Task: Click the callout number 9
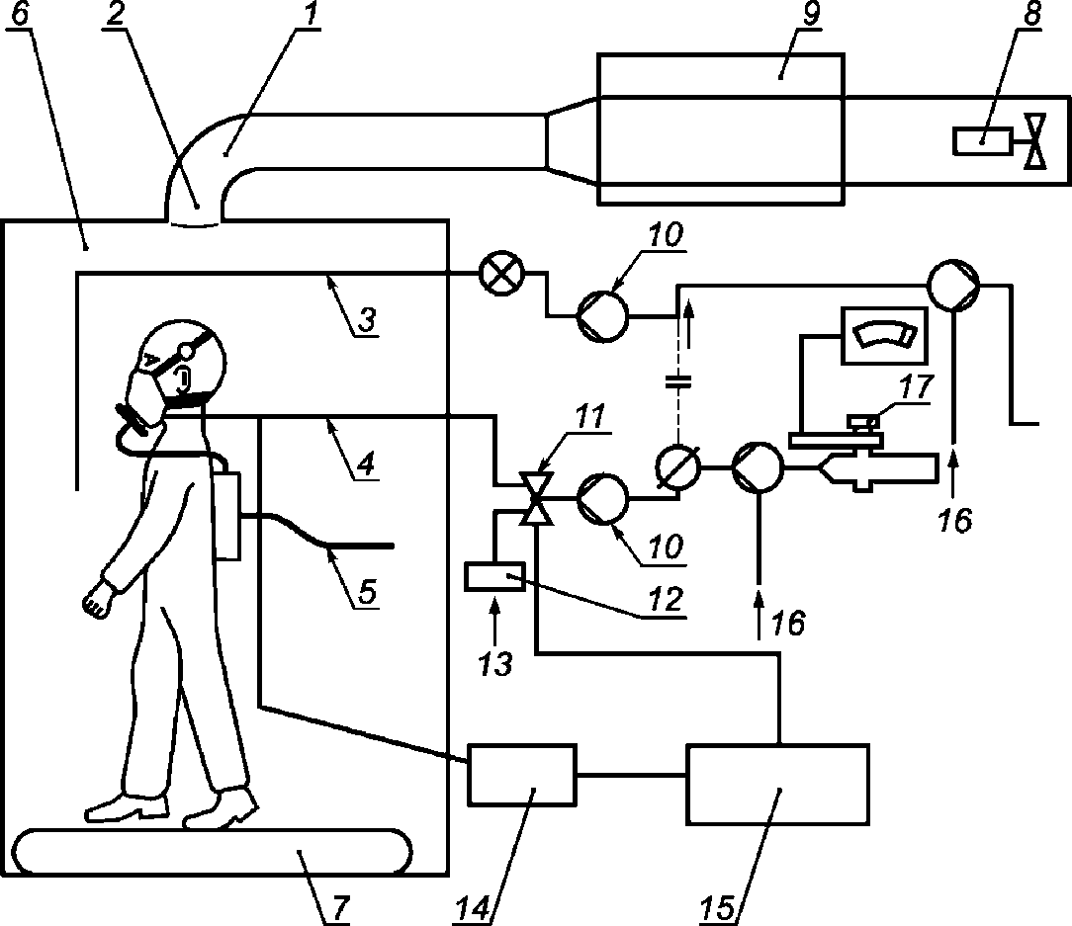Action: (x=811, y=14)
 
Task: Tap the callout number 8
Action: (x=1031, y=14)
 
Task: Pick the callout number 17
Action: (x=917, y=386)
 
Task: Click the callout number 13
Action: (x=495, y=663)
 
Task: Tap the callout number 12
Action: (x=666, y=599)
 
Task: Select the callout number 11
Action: (x=590, y=417)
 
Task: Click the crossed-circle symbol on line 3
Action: (x=502, y=274)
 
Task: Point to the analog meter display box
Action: (x=885, y=336)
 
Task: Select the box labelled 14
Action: (x=522, y=775)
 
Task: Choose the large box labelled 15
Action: (x=778, y=785)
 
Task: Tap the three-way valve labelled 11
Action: (x=537, y=498)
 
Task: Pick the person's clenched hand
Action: (x=97, y=600)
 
